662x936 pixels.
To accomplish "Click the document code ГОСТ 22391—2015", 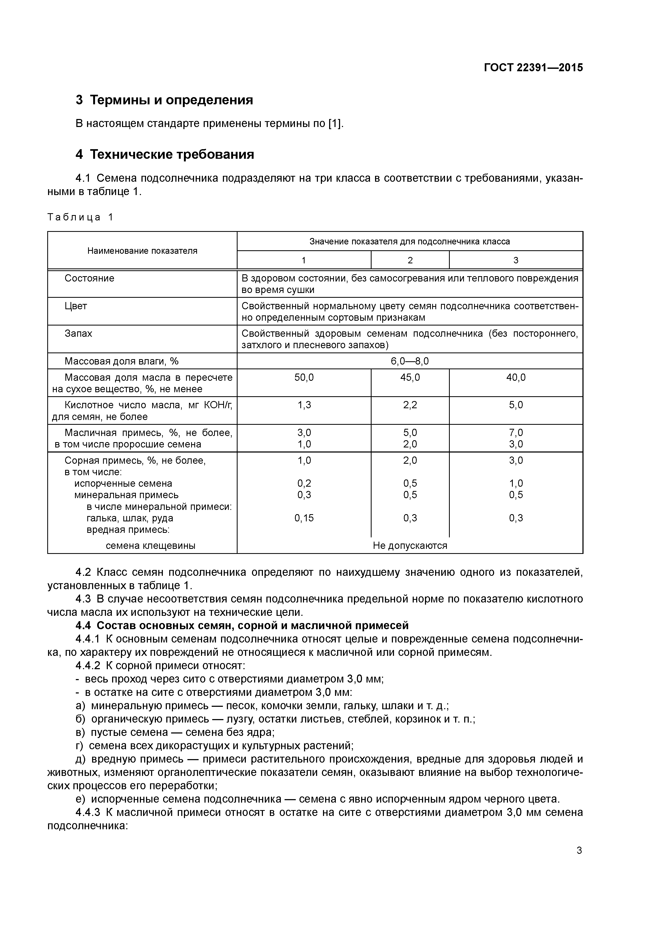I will pos(533,68).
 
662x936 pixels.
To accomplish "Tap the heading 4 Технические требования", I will pos(164,154).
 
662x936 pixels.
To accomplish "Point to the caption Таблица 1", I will pos(80,217).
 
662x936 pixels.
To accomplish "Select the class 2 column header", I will pos(410,260).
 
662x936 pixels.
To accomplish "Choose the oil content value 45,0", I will pos(410,378).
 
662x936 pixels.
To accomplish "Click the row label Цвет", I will pos(76,306).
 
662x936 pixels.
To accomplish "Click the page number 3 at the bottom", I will pos(579,850).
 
